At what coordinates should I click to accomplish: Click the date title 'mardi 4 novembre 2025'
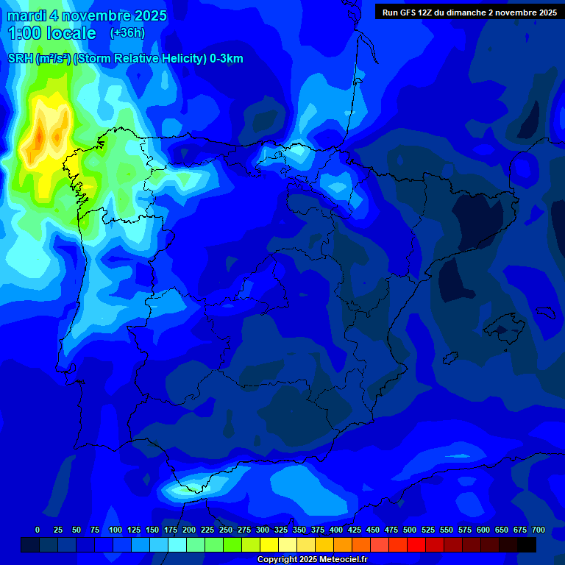click(x=87, y=15)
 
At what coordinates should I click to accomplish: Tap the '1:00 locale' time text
click(x=51, y=33)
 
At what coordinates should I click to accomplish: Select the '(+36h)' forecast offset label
click(x=127, y=33)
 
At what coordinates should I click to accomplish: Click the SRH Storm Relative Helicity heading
click(x=125, y=59)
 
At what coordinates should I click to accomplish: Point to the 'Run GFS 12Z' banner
click(x=469, y=12)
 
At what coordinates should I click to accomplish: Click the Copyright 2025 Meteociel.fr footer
click(x=312, y=560)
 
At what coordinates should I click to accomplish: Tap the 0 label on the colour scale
click(x=38, y=530)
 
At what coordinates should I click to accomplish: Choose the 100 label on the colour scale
click(x=116, y=530)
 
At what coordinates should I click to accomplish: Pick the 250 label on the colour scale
click(x=226, y=530)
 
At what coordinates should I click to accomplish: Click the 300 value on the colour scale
click(x=263, y=530)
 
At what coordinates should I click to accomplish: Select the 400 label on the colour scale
click(x=336, y=530)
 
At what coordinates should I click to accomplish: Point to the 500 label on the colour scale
click(x=410, y=530)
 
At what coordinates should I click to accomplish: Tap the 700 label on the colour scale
click(x=539, y=530)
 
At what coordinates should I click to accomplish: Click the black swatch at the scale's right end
click(x=527, y=544)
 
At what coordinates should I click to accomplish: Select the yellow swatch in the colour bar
click(x=269, y=544)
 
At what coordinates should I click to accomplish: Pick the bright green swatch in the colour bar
click(x=232, y=544)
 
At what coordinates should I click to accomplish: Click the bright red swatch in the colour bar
click(x=416, y=544)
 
